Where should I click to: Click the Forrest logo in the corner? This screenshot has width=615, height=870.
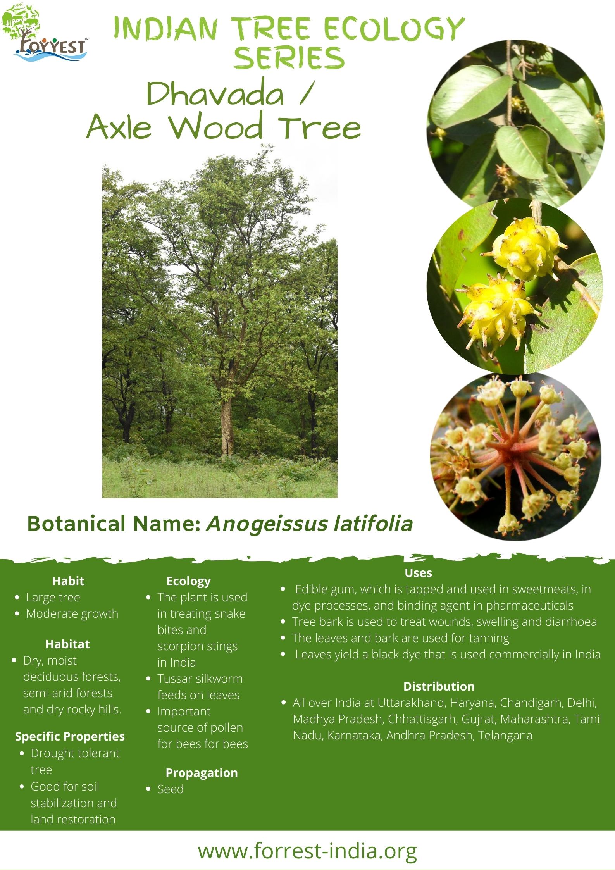click(45, 33)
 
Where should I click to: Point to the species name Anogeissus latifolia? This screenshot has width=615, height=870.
click(310, 524)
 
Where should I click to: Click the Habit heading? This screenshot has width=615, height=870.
click(68, 581)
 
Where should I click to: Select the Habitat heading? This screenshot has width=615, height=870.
click(67, 644)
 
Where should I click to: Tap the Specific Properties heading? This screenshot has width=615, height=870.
click(70, 736)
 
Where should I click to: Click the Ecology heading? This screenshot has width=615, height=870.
click(189, 581)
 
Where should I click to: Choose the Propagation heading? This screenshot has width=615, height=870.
click(202, 773)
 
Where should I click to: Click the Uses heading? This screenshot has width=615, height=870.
click(418, 573)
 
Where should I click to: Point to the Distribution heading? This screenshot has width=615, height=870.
click(439, 686)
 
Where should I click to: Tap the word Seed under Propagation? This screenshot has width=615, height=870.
click(171, 789)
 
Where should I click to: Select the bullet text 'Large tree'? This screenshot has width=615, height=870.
click(53, 598)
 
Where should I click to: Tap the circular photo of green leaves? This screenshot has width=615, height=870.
click(515, 123)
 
